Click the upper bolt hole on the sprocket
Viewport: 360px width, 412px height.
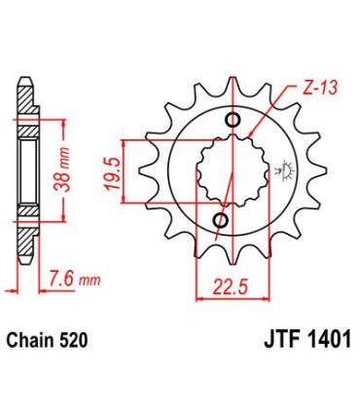click(233, 120)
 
